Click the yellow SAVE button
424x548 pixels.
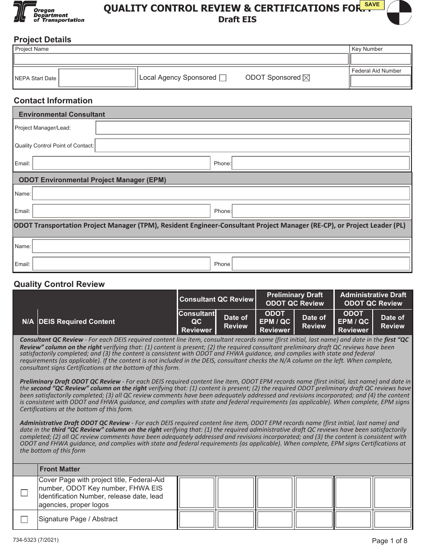point(372,5)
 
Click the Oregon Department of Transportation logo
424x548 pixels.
point(49,12)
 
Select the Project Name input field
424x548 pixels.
point(181,59)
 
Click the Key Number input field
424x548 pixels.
point(381,59)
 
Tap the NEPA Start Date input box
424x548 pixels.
point(97,78)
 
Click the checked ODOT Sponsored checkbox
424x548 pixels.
point(306,78)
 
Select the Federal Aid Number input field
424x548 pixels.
point(381,81)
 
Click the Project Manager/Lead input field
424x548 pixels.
point(253,128)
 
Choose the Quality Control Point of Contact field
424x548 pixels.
point(252,146)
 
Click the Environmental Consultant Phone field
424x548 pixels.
point(320,164)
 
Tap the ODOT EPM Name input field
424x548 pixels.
point(221,193)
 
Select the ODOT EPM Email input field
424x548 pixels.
point(121,211)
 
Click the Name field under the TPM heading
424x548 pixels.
point(221,246)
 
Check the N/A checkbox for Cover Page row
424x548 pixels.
point(25,493)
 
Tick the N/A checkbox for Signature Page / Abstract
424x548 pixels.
point(25,519)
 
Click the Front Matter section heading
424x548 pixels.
point(60,469)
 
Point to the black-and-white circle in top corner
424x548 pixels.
point(399,12)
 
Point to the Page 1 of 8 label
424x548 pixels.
point(389,541)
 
